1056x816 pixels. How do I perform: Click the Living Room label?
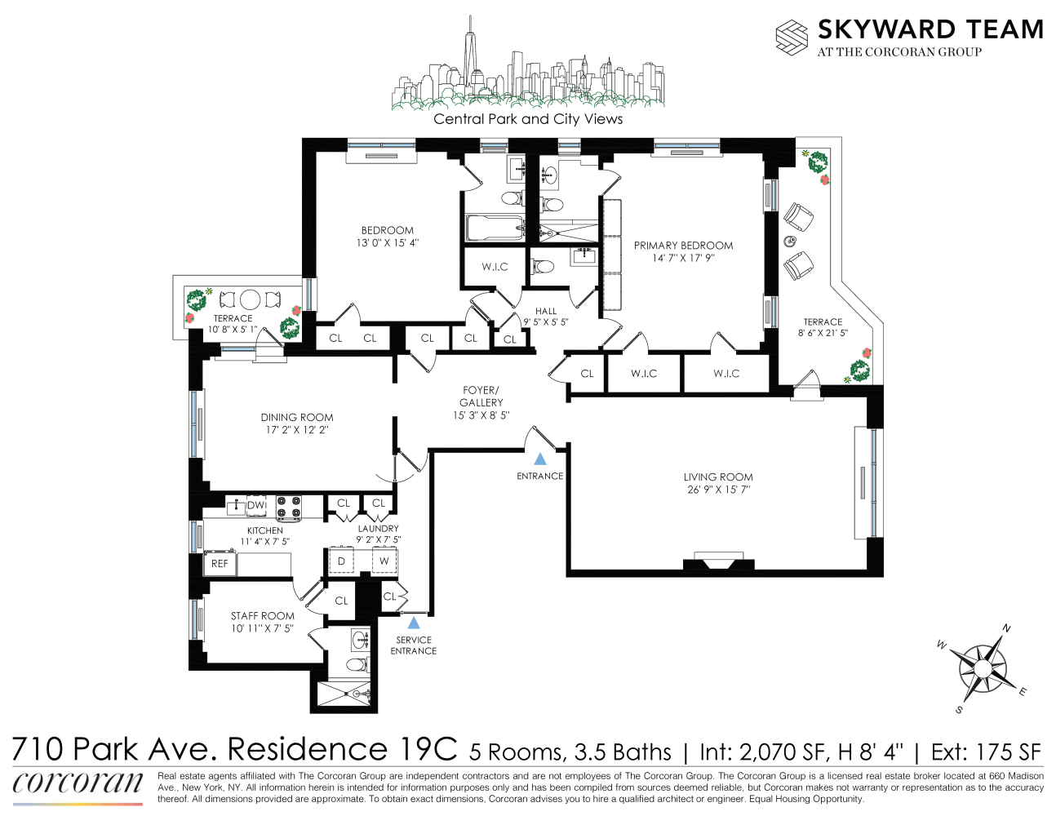tap(717, 477)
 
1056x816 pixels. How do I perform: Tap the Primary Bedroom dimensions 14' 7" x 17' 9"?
tap(683, 259)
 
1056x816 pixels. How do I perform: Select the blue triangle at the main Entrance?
tap(539, 459)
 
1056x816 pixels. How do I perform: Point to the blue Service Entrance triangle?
tap(414, 623)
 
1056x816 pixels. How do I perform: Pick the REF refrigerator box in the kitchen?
tap(220, 564)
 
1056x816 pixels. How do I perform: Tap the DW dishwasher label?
tap(256, 505)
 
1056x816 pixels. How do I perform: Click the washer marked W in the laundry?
tap(384, 561)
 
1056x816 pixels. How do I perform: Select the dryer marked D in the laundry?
tap(341, 561)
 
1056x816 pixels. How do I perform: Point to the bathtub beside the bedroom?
tap(494, 228)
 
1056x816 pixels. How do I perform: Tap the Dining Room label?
tap(297, 417)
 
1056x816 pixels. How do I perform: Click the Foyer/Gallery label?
tap(481, 397)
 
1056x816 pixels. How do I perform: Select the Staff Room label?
tap(262, 616)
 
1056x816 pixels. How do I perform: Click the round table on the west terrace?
tap(250, 299)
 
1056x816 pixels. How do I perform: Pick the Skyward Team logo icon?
tap(791, 38)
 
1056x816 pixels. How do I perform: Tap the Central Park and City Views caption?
tap(528, 119)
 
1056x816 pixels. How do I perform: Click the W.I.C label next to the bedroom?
tap(495, 267)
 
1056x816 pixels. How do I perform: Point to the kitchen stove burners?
tap(288, 508)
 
